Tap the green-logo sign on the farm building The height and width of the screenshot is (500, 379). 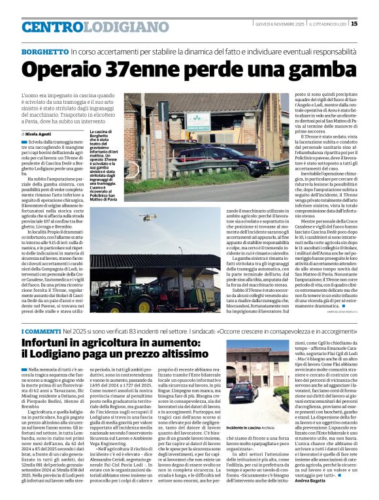coord(198,121)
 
